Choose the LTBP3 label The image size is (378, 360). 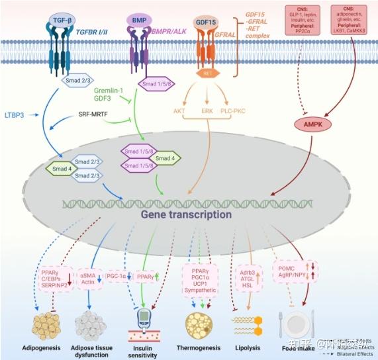[x=15, y=115]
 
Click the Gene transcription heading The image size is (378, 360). [x=185, y=214]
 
